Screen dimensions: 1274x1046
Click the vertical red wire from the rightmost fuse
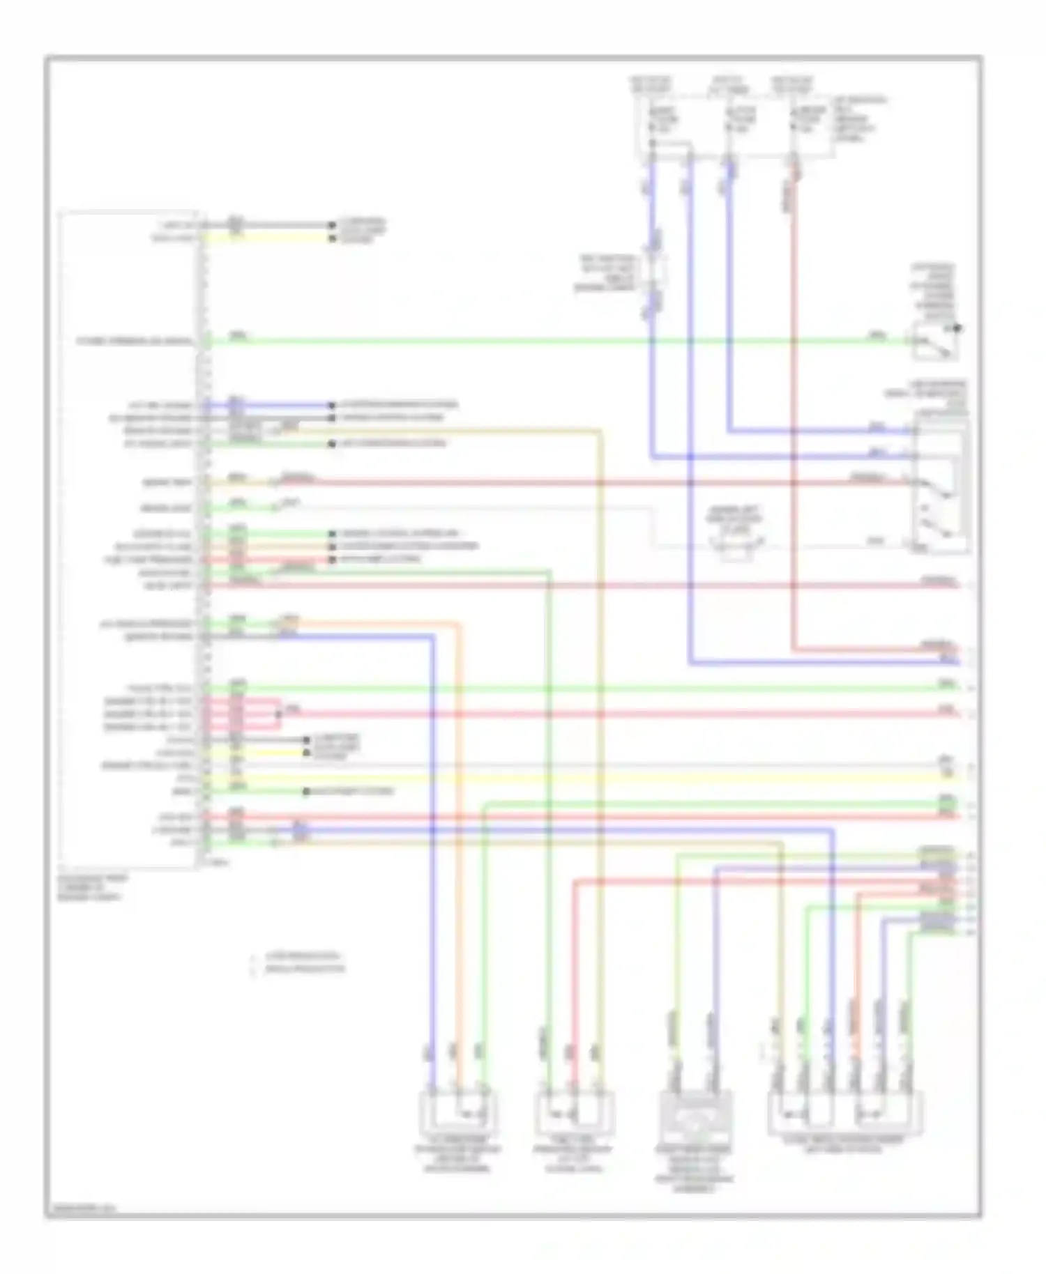point(793,418)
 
